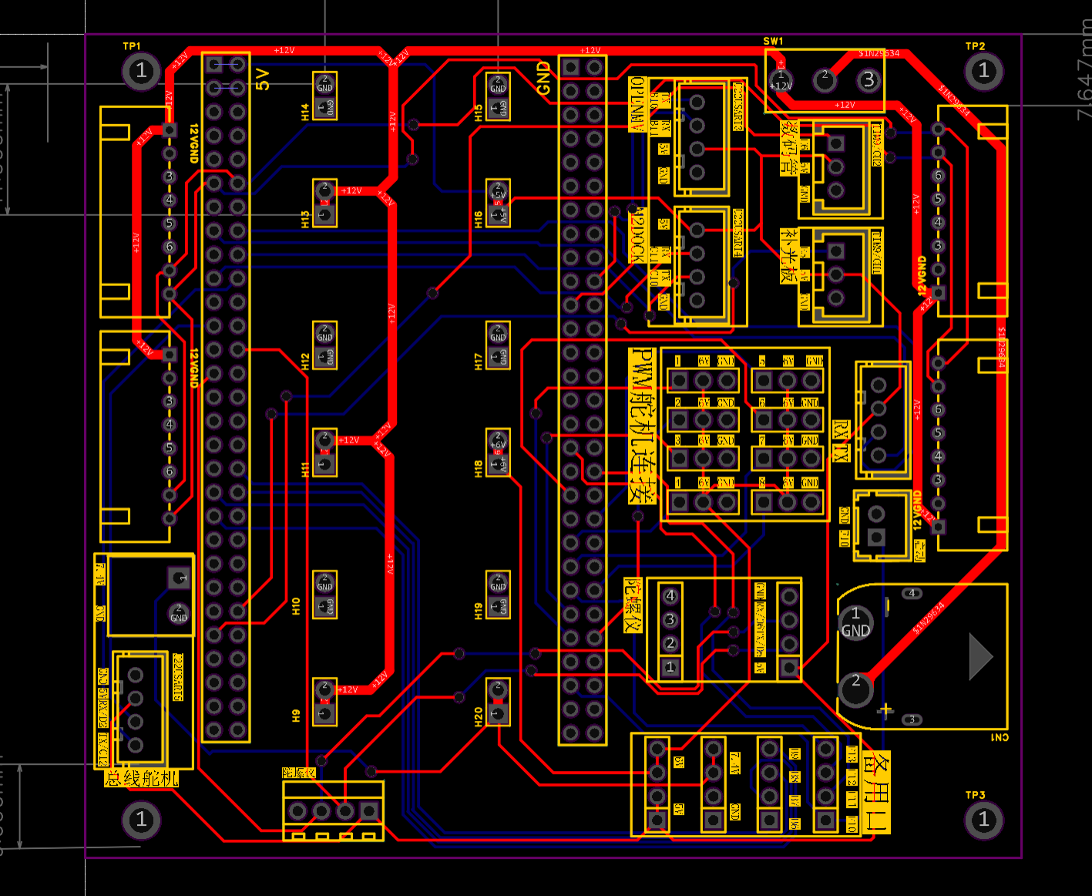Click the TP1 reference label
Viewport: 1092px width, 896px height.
[132, 46]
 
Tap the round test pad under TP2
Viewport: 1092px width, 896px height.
[983, 71]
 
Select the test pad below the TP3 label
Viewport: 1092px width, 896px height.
[983, 819]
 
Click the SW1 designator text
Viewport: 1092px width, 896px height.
[773, 42]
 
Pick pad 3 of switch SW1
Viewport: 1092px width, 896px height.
[869, 79]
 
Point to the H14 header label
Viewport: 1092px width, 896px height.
[305, 113]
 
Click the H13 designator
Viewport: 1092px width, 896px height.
[305, 219]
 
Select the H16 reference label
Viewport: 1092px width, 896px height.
[479, 219]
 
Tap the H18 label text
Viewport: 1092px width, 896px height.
[479, 467]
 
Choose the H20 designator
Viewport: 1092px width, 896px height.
[479, 716]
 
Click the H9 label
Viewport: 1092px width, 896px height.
[296, 716]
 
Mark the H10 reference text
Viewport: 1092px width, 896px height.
[296, 606]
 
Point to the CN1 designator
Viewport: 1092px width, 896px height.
[999, 738]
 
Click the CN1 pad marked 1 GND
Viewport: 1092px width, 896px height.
[855, 622]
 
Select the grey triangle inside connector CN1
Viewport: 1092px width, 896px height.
[979, 656]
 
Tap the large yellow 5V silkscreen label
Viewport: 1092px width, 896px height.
[263, 79]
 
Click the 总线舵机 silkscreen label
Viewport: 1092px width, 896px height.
[142, 779]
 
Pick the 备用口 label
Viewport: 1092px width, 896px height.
[876, 792]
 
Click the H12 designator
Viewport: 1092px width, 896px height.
[305, 361]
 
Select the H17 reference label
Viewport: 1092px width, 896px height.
[479, 361]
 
